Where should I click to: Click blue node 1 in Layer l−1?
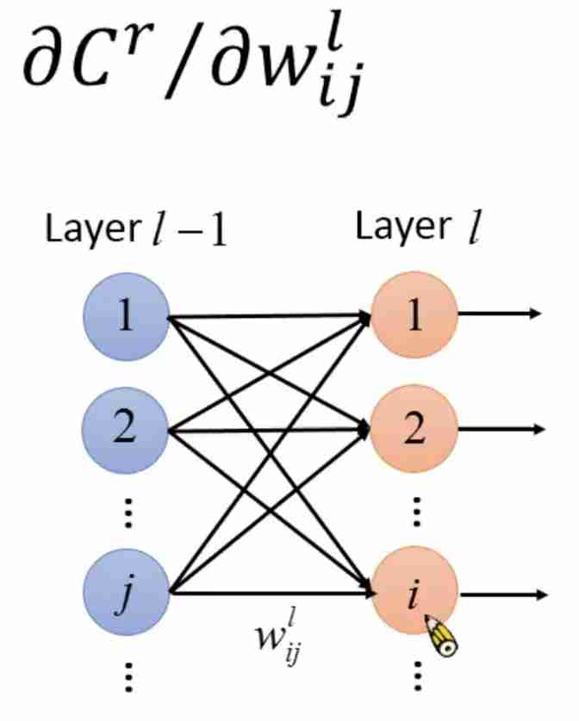click(x=125, y=318)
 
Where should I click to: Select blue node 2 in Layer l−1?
click(x=125, y=428)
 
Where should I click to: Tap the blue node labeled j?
click(x=125, y=593)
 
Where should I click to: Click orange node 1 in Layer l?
click(x=414, y=318)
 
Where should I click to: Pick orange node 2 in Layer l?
click(x=414, y=428)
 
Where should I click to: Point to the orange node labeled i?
click(x=414, y=593)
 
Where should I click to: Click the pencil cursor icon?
click(x=442, y=638)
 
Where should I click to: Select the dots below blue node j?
click(x=127, y=677)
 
